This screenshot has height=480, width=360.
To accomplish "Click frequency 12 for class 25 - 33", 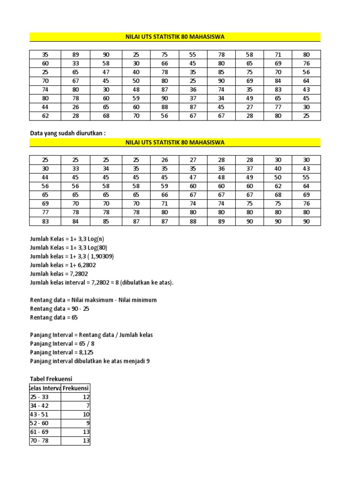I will (x=86, y=397).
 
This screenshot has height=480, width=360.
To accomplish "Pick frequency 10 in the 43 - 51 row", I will (x=85, y=414).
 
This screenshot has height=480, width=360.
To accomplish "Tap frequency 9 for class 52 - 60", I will (x=87, y=423).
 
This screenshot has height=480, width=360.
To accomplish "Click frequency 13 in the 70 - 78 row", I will (x=85, y=441).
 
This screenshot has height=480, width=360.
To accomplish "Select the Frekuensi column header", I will (x=76, y=388).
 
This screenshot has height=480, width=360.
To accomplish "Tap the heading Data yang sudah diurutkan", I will (x=68, y=133).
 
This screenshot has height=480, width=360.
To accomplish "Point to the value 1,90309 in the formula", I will (x=100, y=256).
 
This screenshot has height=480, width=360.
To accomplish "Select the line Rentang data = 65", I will (x=54, y=317).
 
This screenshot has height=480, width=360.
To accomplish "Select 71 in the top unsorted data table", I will (x=278, y=55).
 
